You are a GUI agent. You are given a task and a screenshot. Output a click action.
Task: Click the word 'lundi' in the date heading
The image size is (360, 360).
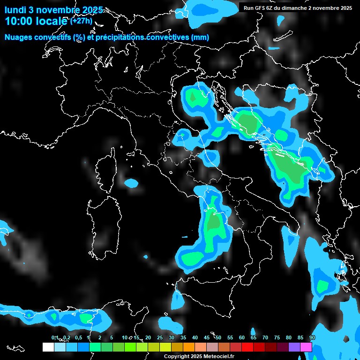[15, 10]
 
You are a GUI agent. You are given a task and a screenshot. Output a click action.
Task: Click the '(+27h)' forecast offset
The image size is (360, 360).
[82, 21]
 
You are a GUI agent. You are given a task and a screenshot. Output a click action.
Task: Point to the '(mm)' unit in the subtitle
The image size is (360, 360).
[200, 37]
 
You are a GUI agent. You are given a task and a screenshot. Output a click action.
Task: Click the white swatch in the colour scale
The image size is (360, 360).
[48, 347]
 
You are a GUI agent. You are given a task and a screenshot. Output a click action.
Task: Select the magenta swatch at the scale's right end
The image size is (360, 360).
[306, 347]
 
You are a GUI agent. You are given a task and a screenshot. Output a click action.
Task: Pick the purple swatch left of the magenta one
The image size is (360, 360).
[294, 347]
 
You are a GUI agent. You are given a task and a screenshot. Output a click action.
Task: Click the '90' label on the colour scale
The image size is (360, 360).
[312, 338]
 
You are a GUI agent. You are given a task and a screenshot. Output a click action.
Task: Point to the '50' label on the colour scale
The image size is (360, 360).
[218, 338]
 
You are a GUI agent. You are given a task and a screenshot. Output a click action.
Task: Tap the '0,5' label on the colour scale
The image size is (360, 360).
[78, 338]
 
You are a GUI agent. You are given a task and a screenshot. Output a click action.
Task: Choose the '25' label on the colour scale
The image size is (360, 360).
[160, 338]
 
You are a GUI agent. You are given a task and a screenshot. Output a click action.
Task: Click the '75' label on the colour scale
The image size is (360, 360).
[277, 338]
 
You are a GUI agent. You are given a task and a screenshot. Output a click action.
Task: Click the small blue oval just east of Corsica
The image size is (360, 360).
[131, 183]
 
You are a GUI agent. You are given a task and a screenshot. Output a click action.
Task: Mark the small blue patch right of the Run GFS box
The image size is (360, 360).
[280, 20]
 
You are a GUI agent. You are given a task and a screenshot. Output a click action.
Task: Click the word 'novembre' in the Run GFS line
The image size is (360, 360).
[324, 8]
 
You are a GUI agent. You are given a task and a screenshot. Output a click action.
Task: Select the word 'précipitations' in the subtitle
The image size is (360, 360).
[120, 37]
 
